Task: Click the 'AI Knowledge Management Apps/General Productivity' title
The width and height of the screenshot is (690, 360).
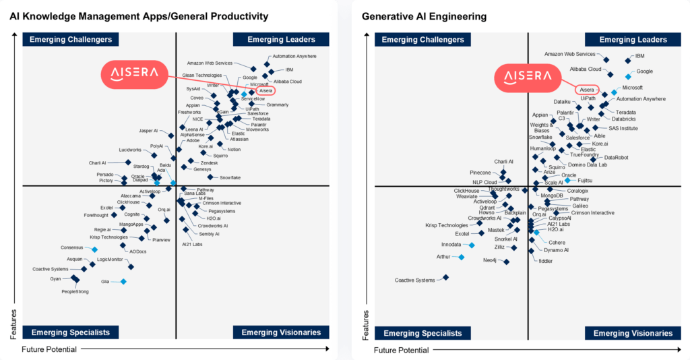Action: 138,16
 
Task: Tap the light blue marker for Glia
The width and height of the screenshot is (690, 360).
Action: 123,281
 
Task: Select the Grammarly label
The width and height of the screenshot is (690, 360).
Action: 277,104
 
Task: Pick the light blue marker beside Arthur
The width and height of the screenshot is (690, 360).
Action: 462,257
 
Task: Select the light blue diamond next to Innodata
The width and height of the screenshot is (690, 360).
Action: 472,245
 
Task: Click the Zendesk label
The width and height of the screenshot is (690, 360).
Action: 209,163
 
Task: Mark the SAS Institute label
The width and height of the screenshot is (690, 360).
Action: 623,128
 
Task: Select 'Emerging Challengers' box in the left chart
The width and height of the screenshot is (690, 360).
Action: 66,40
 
